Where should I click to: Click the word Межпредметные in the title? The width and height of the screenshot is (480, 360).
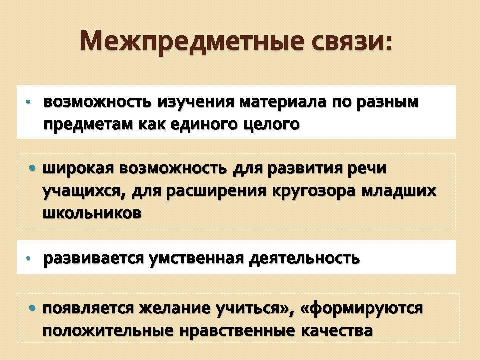click(192, 42)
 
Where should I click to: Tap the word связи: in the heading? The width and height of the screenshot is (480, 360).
click(352, 41)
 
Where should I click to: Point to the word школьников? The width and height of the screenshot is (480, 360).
click(92, 213)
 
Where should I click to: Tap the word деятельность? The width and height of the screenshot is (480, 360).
click(304, 258)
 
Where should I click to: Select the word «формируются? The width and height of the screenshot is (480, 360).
click(361, 308)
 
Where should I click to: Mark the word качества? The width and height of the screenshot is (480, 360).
click(337, 331)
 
